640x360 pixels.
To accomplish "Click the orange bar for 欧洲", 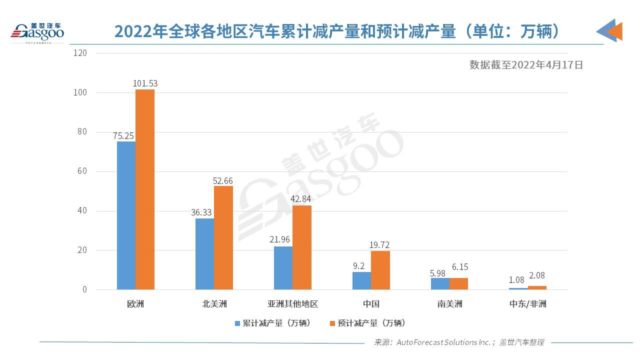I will point(145,189).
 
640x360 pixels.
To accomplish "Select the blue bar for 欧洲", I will point(126,215).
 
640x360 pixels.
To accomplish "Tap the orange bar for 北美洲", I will point(223,237).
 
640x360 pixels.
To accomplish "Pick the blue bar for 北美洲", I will point(204,254).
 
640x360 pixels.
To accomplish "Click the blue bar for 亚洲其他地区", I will point(283,268).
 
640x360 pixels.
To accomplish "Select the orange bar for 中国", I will point(380,270).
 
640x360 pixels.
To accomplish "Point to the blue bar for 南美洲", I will point(440,283).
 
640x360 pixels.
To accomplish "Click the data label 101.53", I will point(145,83).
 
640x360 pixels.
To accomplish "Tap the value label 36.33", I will point(201,212).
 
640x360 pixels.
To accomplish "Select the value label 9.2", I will point(359,266).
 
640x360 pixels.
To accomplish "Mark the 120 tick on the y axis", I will point(80,52).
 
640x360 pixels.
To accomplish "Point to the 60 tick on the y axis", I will point(82,171).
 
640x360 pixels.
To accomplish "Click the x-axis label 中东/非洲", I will point(527,304).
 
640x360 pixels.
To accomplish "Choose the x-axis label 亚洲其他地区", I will point(292,304).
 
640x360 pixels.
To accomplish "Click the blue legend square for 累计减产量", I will point(238,323).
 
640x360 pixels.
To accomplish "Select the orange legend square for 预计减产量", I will point(333,323).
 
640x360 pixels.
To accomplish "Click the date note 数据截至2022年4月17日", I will point(526,64).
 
